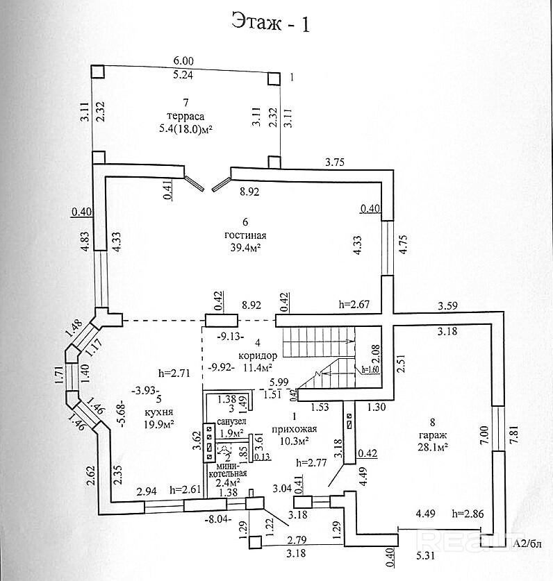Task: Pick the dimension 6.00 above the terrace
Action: pos(183,61)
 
